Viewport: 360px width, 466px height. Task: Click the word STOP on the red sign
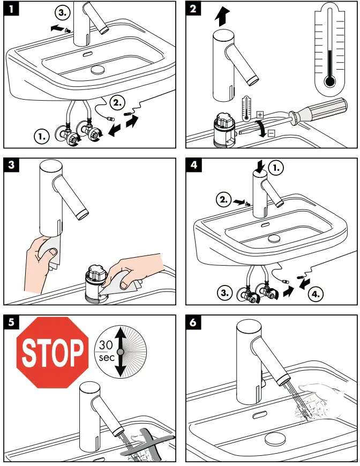pos(52,352)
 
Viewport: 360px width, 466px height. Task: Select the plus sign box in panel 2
pos(260,114)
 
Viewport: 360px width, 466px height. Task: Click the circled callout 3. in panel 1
pos(63,12)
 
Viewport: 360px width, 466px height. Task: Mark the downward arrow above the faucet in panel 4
pos(260,166)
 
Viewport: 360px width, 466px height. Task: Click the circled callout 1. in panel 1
pos(42,137)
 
